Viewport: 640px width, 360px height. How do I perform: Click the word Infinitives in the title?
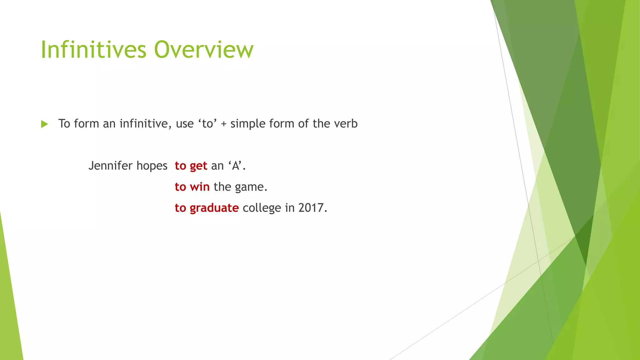93,50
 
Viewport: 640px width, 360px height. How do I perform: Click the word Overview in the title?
204,50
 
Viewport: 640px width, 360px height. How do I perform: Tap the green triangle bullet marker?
44,124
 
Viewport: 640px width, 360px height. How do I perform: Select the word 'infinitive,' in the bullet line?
146,124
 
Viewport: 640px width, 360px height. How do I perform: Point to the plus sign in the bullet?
223,124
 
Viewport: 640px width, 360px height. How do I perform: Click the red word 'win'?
200,187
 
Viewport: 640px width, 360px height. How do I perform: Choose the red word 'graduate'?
214,208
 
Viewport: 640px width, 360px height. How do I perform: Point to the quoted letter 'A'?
236,166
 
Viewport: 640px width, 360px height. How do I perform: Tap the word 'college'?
262,208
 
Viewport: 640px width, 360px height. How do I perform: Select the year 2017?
311,208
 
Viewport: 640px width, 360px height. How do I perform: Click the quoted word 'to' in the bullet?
207,124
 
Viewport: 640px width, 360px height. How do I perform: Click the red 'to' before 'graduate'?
180,208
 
